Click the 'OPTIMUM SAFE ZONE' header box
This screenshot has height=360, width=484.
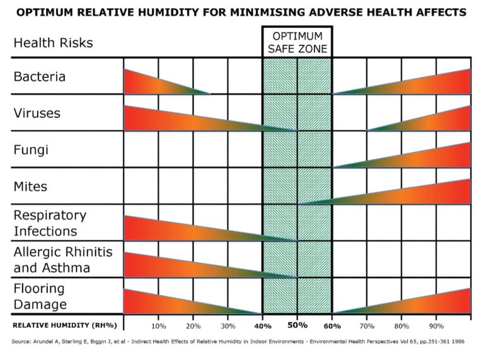click(x=297, y=42)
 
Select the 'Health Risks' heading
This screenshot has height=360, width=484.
click(x=53, y=43)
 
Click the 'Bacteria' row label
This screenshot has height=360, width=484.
click(x=40, y=77)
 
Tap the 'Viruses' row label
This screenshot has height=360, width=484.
click(x=37, y=113)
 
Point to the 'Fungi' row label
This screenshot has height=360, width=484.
click(x=31, y=150)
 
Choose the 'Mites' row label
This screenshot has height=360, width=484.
click(x=30, y=187)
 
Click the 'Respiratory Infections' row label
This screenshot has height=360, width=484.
click(x=50, y=223)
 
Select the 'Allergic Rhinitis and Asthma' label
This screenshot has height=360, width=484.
click(x=62, y=260)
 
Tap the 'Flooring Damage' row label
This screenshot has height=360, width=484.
click(x=40, y=296)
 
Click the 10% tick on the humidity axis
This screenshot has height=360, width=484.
click(x=158, y=326)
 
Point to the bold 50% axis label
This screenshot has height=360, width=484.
click(x=297, y=325)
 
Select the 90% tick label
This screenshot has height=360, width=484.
click(x=436, y=326)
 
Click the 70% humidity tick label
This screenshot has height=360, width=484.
click(x=367, y=326)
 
